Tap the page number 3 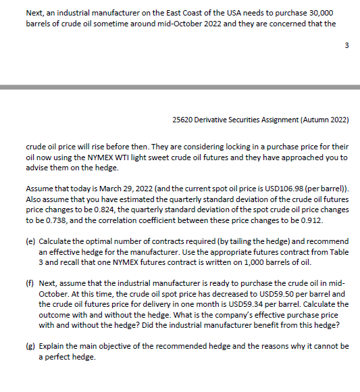[x=346, y=65]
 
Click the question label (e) [x=30, y=241]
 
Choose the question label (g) [x=30, y=347]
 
